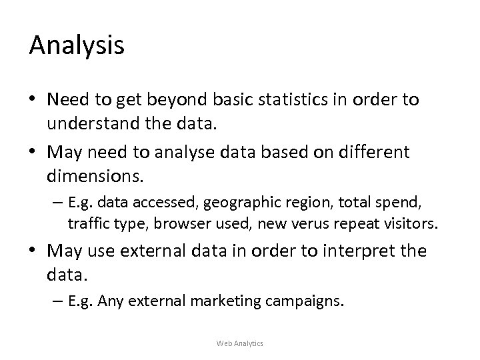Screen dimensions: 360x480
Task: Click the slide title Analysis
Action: tap(77, 45)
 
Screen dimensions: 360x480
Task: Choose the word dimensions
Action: tap(93, 176)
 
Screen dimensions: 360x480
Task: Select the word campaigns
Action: tap(312, 301)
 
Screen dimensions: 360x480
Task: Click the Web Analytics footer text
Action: tap(240, 343)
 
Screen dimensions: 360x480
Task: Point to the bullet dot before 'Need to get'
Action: tap(33, 100)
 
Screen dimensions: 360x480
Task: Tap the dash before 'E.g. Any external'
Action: tap(58, 301)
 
